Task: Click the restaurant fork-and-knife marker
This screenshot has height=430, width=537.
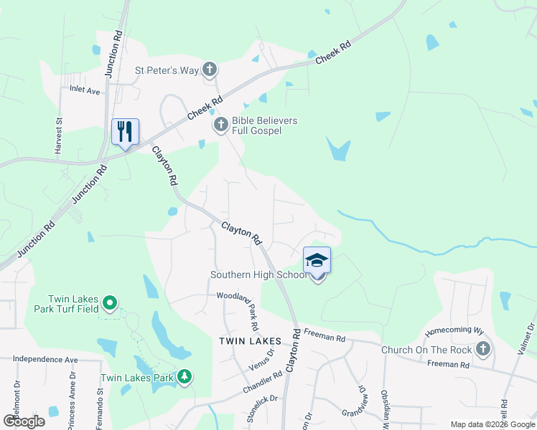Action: click(126, 132)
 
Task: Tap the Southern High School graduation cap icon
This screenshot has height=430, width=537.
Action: click(317, 261)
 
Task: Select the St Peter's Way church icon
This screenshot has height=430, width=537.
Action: click(209, 70)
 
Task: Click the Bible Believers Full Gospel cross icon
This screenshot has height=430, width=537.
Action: click(220, 126)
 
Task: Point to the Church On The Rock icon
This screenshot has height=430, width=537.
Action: click(483, 350)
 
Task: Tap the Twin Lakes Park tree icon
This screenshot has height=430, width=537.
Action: click(185, 377)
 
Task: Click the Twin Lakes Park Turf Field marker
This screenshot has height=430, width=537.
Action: click(109, 304)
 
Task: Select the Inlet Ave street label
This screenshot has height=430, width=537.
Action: click(85, 91)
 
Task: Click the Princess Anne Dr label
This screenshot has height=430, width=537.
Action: click(72, 403)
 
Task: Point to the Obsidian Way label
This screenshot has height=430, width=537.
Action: click(386, 408)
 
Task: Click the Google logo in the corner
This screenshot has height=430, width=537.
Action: click(24, 421)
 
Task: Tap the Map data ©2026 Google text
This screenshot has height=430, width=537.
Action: click(492, 424)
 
